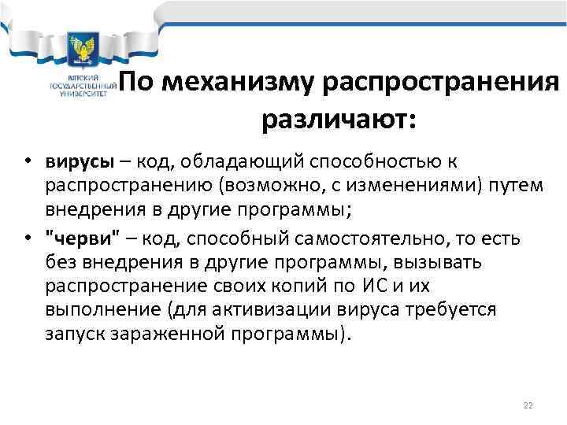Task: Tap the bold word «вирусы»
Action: click(x=78, y=161)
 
